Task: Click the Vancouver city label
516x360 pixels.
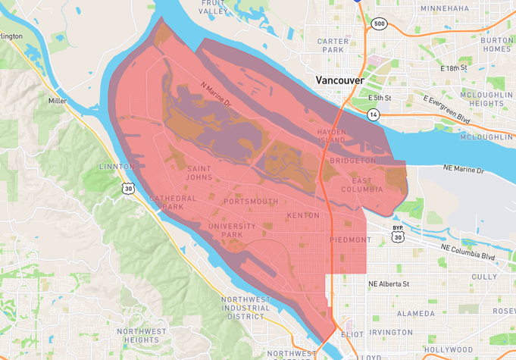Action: click(339, 80)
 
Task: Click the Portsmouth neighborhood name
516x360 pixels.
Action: click(251, 202)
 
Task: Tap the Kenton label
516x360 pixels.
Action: click(304, 217)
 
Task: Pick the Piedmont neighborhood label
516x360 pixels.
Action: click(351, 239)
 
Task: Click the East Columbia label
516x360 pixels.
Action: click(367, 184)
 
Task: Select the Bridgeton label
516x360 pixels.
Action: click(352, 161)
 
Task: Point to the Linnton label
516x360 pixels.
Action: click(116, 166)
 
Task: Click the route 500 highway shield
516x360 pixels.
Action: click(378, 23)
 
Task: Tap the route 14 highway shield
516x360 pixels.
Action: click(374, 114)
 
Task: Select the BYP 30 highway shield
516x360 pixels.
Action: click(397, 233)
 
